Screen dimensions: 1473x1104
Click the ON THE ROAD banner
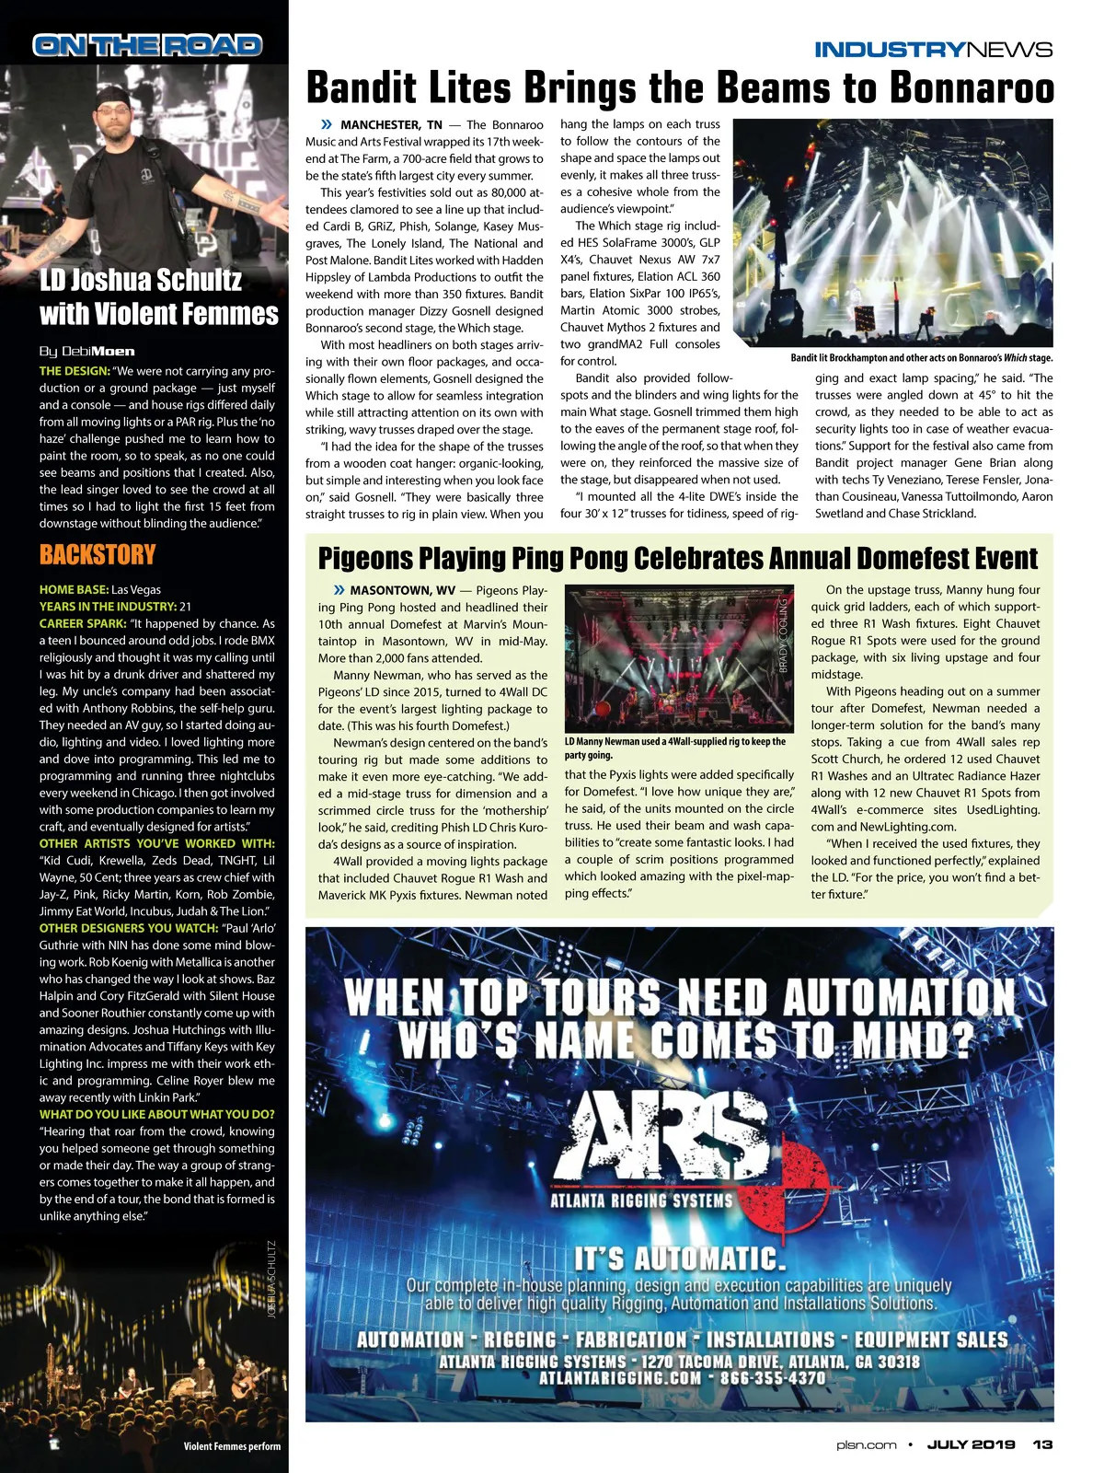click(x=147, y=45)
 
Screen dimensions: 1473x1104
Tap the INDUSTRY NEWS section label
click(x=933, y=50)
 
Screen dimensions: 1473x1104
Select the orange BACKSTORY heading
click(x=98, y=554)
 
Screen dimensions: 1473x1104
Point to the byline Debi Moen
click(x=87, y=351)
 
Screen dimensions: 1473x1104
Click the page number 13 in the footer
click(x=1041, y=1444)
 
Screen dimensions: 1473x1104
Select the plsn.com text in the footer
click(x=859, y=1444)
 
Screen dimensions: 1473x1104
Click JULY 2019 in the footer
click(x=971, y=1444)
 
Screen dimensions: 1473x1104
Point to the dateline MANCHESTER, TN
click(x=391, y=124)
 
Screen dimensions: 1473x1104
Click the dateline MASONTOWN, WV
click(x=403, y=590)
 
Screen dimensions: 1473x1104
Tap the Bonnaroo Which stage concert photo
click(x=921, y=233)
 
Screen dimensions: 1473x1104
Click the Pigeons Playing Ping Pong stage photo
click(x=678, y=658)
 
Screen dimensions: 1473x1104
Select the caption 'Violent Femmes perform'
click(x=232, y=1446)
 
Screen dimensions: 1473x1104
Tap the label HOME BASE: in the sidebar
click(x=74, y=589)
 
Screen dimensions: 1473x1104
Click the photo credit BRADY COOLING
click(x=784, y=635)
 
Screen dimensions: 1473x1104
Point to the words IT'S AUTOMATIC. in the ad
click(x=680, y=1258)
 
